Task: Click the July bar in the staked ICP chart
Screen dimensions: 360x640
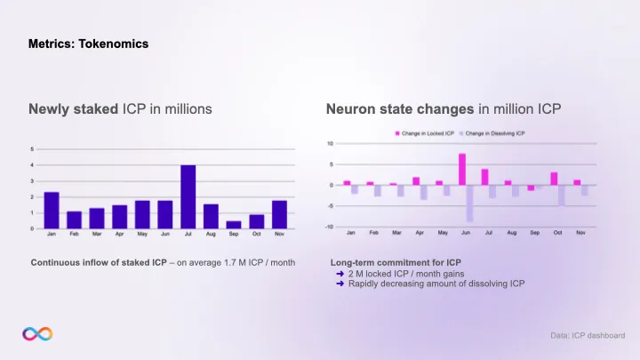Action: coord(188,196)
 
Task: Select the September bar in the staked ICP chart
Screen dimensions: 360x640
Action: coord(234,224)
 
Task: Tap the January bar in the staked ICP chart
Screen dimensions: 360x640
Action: coord(52,210)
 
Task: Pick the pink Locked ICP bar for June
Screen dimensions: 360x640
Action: coord(462,169)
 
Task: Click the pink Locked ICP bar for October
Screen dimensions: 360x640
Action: coord(554,178)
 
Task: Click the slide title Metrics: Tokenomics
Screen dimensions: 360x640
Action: coord(88,43)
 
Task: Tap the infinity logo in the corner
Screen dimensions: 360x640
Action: coord(37,333)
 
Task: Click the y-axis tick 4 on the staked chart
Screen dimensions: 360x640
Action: coord(33,164)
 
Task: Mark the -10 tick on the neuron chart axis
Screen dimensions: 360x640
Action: coord(330,227)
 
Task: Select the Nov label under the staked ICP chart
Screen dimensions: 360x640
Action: coord(279,235)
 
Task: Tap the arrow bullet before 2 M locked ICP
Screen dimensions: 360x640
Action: coord(341,274)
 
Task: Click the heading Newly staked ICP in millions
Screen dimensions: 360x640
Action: coord(121,109)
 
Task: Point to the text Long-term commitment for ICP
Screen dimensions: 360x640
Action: coord(395,263)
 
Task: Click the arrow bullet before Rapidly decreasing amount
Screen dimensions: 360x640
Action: coord(341,284)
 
